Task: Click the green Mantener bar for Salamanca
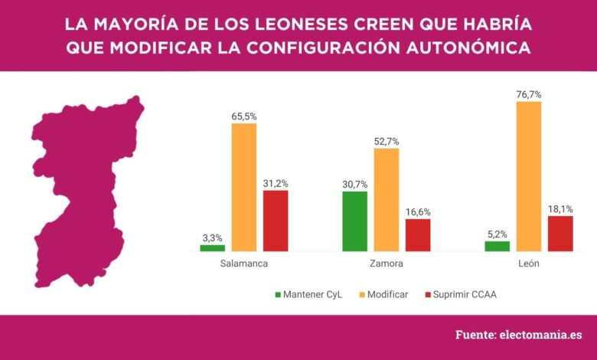pyautogui.click(x=212, y=248)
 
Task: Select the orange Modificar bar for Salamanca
pyautogui.click(x=244, y=187)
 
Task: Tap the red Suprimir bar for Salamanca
pyautogui.click(x=276, y=221)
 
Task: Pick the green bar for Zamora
pyautogui.click(x=355, y=221)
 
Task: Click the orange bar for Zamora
pyautogui.click(x=387, y=200)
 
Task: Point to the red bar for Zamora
pyautogui.click(x=418, y=235)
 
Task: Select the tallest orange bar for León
pyautogui.click(x=529, y=176)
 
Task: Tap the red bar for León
pyautogui.click(x=560, y=234)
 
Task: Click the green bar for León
pyautogui.click(x=497, y=246)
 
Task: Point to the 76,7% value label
pyautogui.click(x=529, y=93)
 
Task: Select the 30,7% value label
pyautogui.click(x=355, y=184)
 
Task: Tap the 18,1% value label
pyautogui.click(x=560, y=208)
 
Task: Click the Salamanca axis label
pyautogui.click(x=243, y=264)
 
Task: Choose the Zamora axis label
pyautogui.click(x=386, y=264)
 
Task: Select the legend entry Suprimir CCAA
pyautogui.click(x=459, y=294)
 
